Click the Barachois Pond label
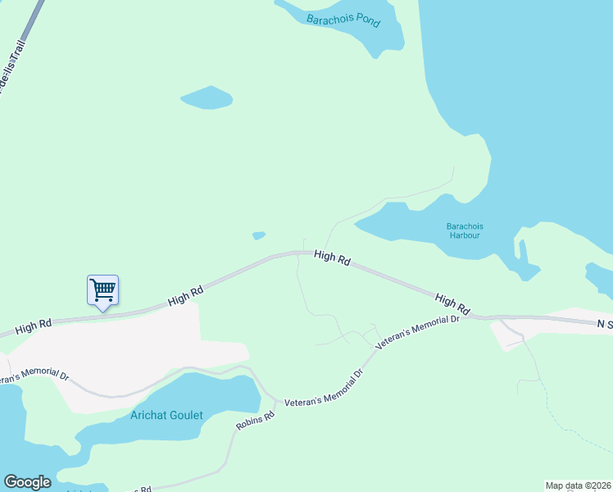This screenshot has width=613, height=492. pos(343,19)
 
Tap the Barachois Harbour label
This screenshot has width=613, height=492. pos(464,230)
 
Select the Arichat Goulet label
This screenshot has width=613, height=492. pos(166,415)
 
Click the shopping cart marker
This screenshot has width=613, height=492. pos(102,289)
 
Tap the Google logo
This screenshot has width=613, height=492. pos(27,482)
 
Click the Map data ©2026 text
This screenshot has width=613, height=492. pos(578,485)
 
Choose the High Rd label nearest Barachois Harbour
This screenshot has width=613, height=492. pos(452,304)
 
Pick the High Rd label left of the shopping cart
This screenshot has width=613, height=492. pos(34,326)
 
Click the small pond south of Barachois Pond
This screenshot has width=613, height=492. pos(207,98)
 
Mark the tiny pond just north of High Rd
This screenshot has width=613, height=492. pos(259,236)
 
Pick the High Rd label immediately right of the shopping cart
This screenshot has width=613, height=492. pos(185,296)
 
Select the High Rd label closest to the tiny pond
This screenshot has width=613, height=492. pos(332,258)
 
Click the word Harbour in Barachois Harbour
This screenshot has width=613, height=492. pos(464,235)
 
